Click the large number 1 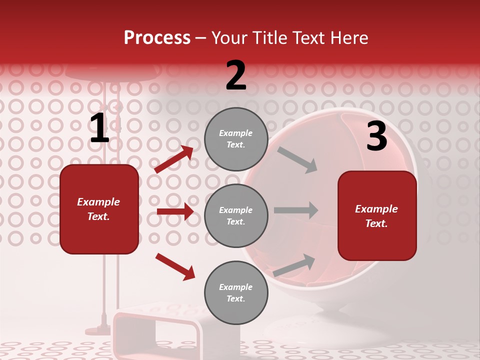[99, 128]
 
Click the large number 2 [236, 75]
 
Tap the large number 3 [376, 136]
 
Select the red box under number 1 [99, 209]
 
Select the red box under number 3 [377, 215]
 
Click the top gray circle [236, 139]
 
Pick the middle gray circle [236, 216]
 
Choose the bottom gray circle [236, 293]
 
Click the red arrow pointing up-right [174, 159]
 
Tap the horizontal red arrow [175, 211]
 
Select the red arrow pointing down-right [175, 266]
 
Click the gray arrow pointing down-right [297, 160]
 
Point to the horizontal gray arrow [296, 210]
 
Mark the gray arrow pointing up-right [294, 265]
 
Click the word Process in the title [157, 37]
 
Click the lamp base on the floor [98, 330]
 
